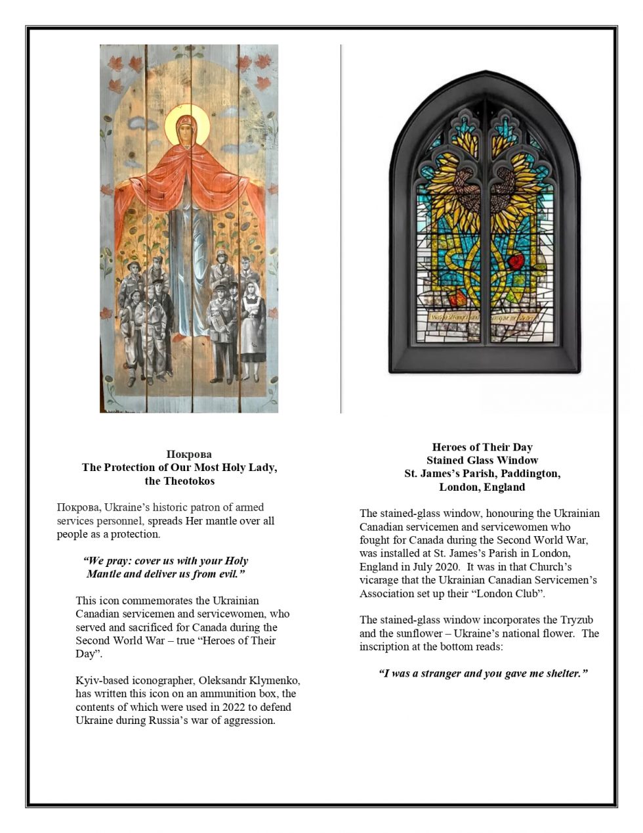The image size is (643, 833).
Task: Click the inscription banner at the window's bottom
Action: tap(483, 317)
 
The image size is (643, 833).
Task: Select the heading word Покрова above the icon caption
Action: tap(189, 454)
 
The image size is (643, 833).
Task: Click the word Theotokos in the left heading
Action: tap(189, 481)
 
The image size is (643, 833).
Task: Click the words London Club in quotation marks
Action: tap(516, 594)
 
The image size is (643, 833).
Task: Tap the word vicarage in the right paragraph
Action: tap(380, 581)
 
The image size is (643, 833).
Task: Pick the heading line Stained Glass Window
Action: tap(482, 461)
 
